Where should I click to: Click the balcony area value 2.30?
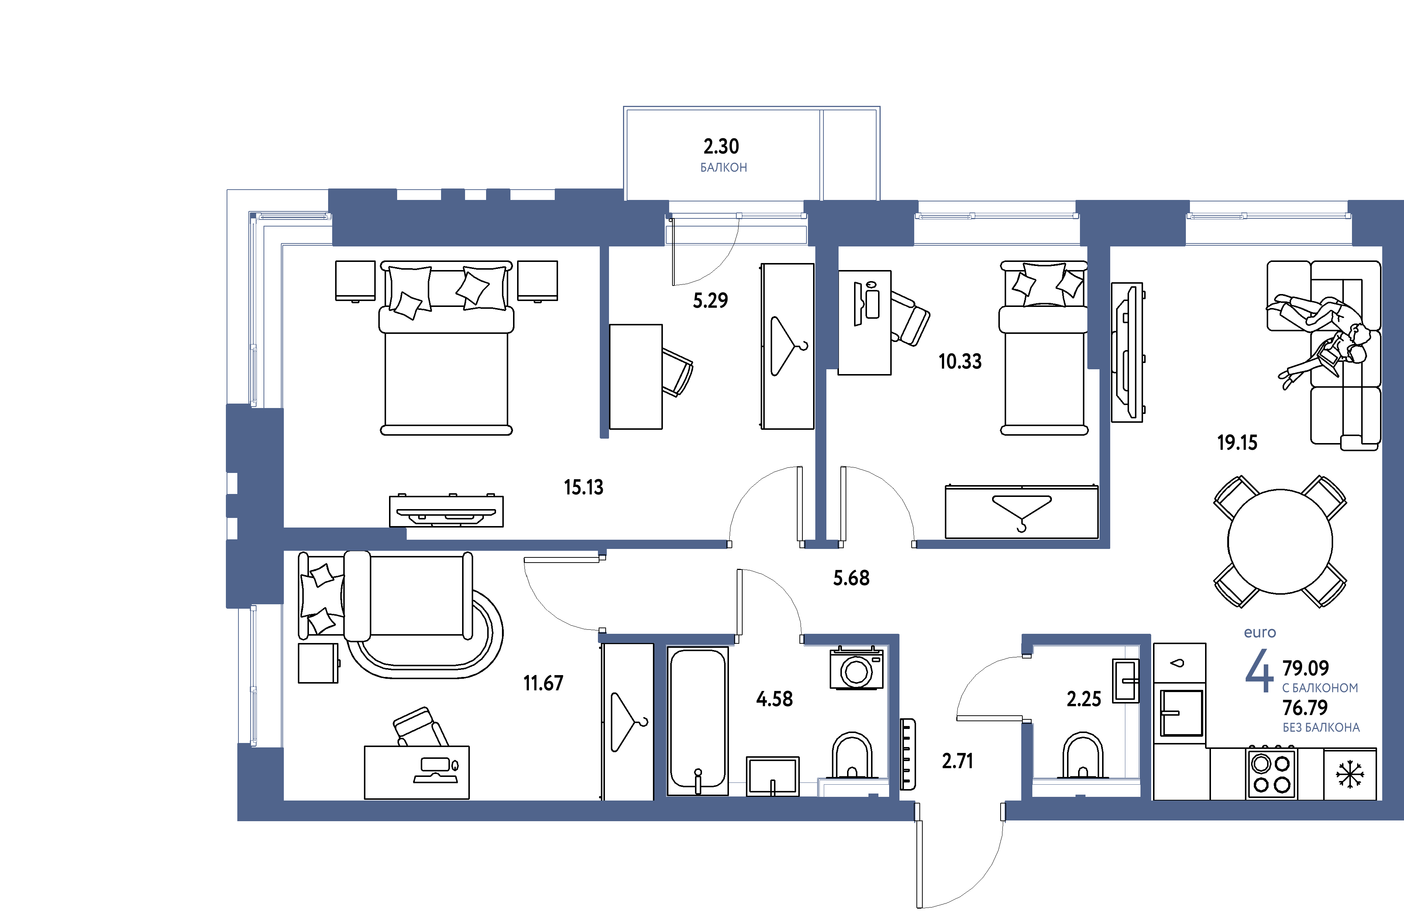[721, 146]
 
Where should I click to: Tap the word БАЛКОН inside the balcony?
[723, 168]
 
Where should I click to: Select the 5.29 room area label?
[710, 301]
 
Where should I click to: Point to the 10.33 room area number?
[960, 361]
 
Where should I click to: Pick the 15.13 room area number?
[584, 487]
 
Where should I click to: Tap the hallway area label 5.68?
[851, 578]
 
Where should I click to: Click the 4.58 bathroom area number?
[774, 699]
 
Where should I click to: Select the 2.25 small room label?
[1084, 699]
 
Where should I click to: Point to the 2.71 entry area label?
[957, 761]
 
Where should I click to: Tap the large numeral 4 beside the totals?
[1259, 671]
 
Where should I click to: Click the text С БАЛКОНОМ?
[1319, 688]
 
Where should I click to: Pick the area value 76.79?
[1305, 707]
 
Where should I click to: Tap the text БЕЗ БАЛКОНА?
[1321, 728]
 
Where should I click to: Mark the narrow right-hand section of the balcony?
[850, 155]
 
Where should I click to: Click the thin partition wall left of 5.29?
[604, 342]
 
